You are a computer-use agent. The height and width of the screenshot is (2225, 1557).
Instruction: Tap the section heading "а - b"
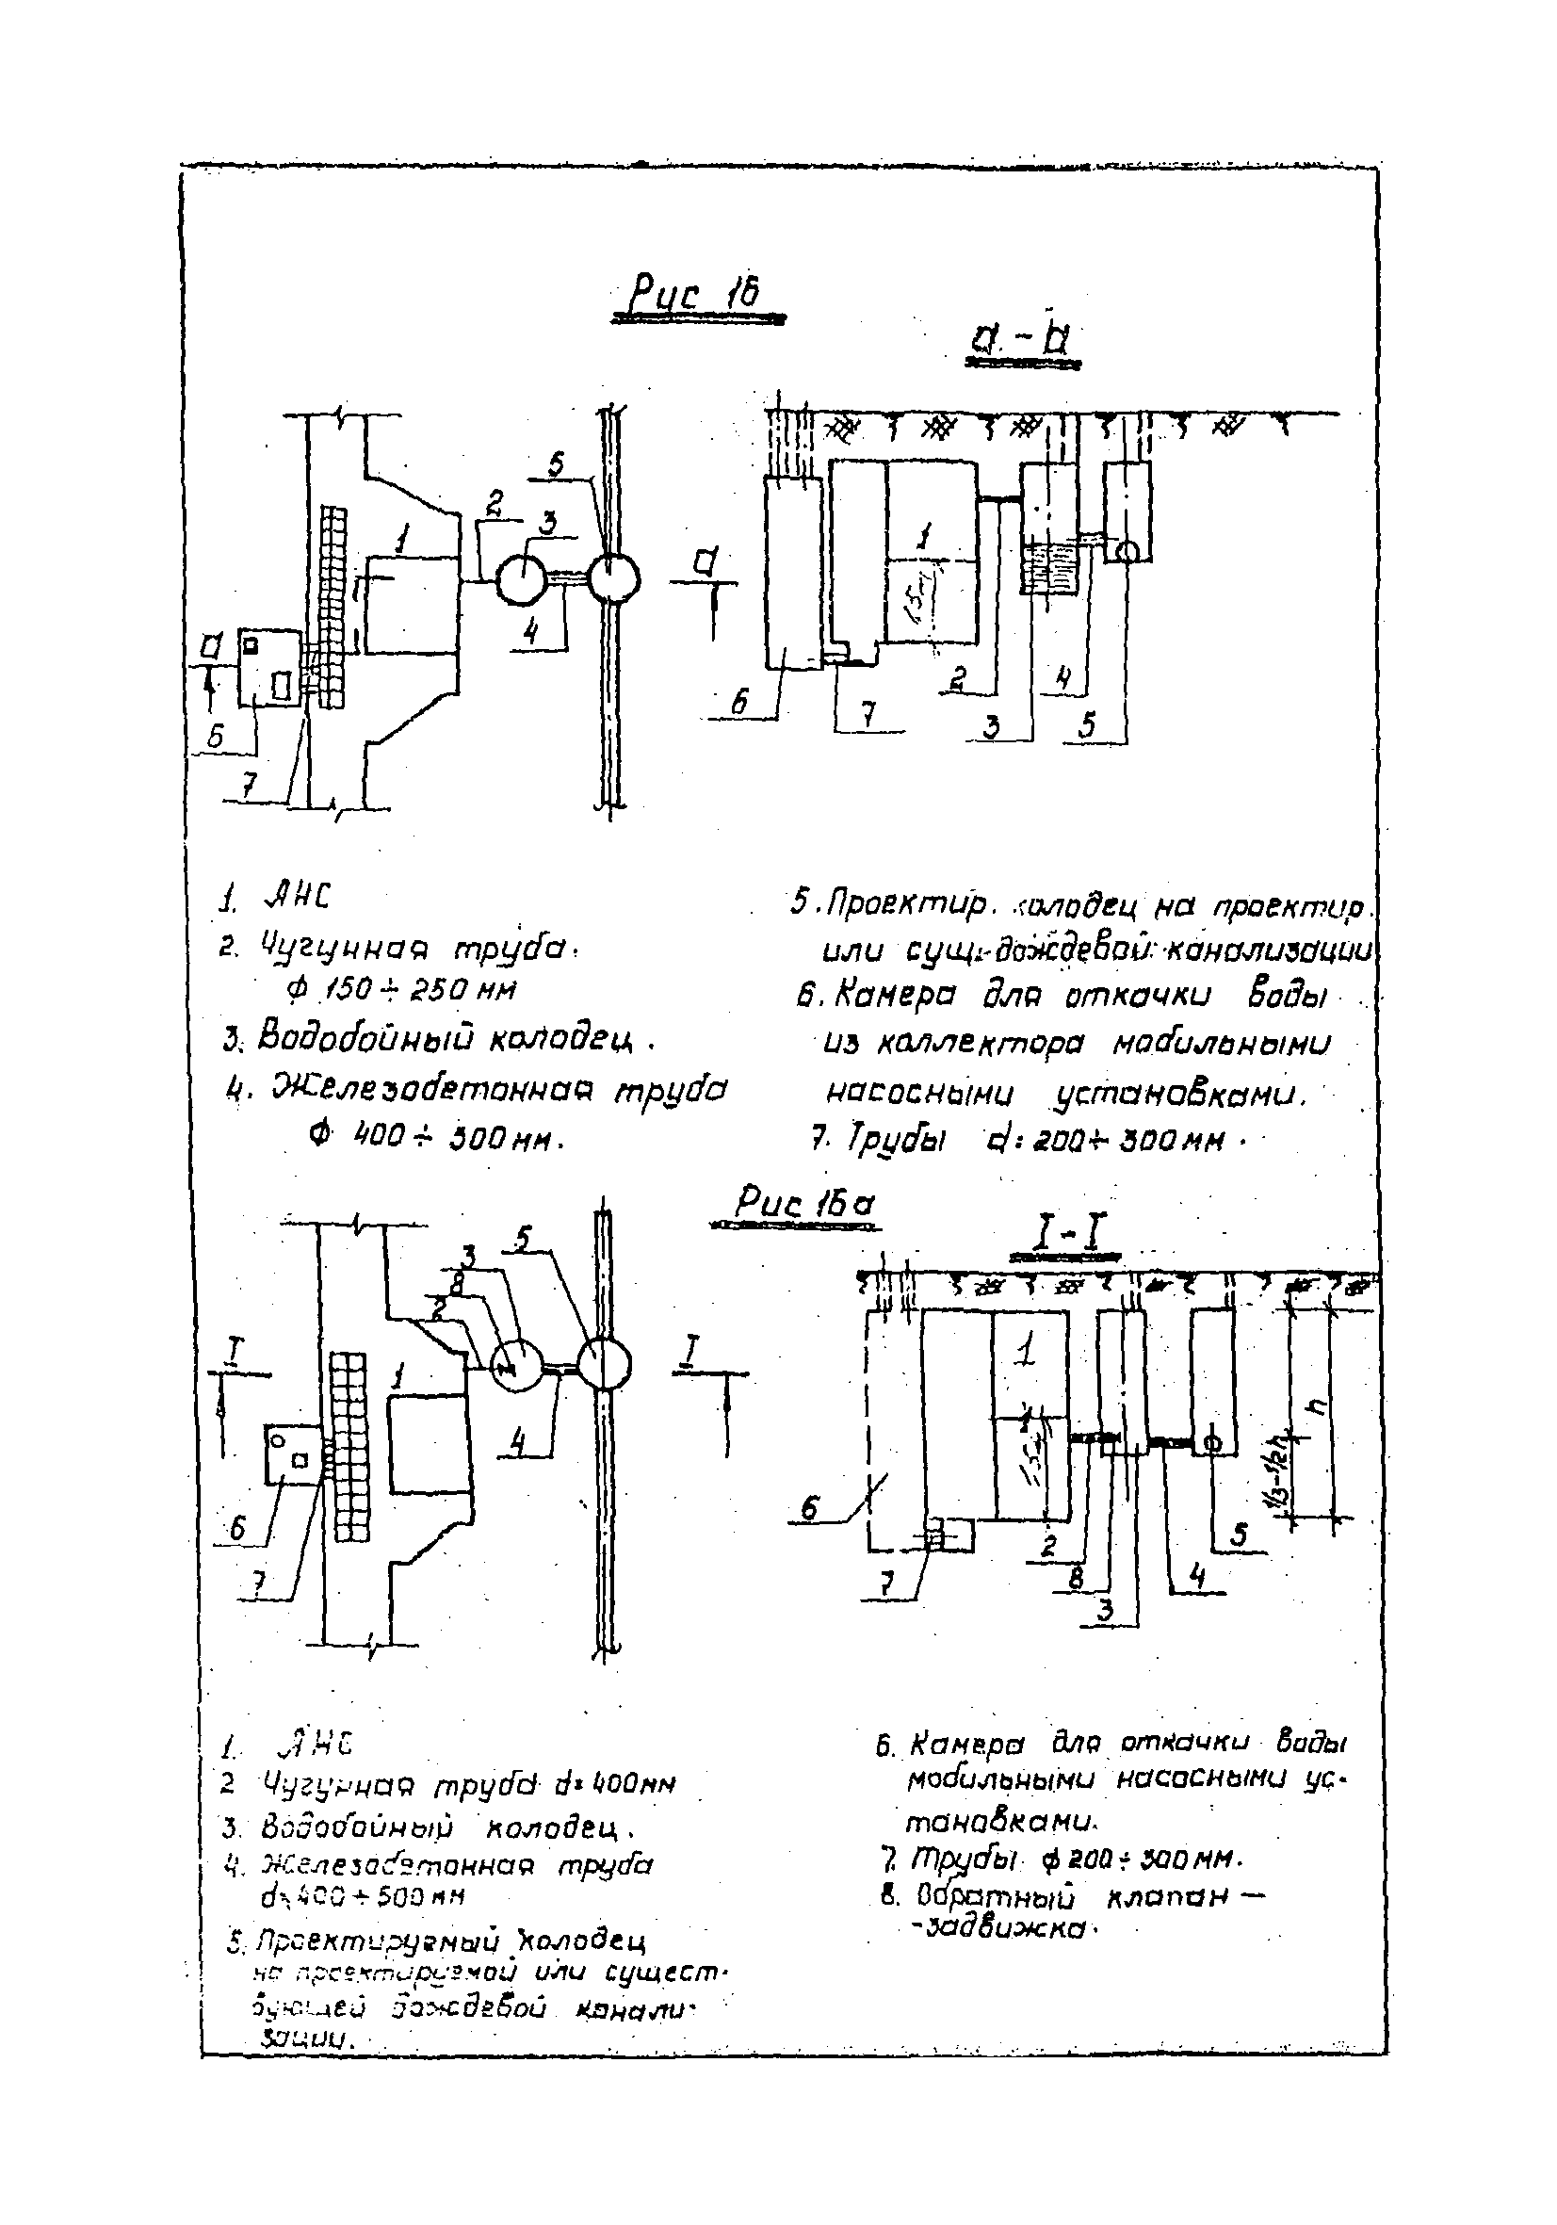1021,340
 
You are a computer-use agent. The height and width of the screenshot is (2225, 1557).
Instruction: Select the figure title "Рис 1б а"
803,1206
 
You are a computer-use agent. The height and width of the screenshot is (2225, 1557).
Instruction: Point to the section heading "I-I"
1062,1237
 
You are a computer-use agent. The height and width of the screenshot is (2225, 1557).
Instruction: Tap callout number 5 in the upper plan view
555,467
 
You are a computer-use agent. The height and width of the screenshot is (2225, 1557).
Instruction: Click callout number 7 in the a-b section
869,715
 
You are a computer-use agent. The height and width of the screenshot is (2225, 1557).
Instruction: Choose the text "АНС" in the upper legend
297,900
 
